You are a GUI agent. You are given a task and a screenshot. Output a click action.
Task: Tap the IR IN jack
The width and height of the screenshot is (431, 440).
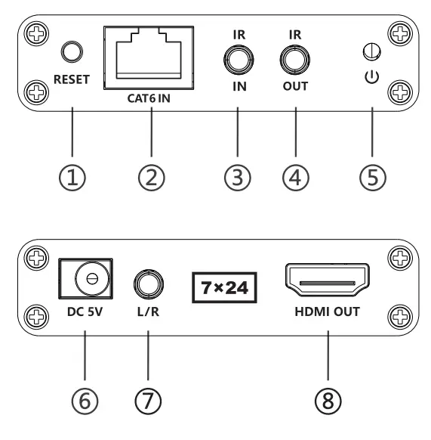pos(237,57)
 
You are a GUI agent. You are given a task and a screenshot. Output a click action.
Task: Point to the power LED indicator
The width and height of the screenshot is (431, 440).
pos(371,52)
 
